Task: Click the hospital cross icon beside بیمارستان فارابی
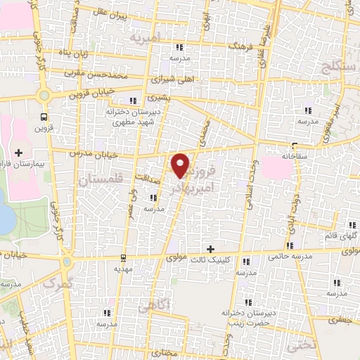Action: (18, 153)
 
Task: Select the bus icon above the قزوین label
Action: (45, 117)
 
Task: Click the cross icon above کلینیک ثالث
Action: (210, 248)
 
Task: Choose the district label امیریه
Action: (160, 36)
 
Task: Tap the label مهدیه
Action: (123, 268)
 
